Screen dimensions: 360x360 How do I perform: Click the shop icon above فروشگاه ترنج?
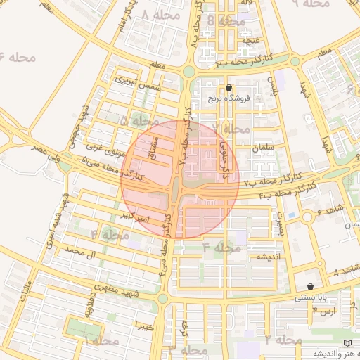pos(229,88)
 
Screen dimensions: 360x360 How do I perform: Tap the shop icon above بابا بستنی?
pos(310,286)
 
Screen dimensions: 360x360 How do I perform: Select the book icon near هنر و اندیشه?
pos(345,342)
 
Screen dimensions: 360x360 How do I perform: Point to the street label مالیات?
pos(27,290)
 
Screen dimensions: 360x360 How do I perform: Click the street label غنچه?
pos(251,41)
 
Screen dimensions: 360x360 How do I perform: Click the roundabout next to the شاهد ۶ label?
pos(307,217)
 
